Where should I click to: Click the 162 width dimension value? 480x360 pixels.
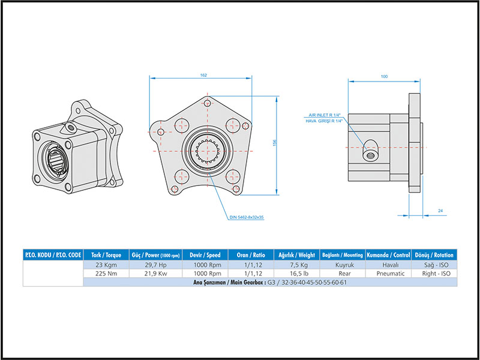point(203,75)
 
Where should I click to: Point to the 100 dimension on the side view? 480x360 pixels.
point(384,76)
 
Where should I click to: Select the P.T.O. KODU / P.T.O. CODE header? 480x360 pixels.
point(53,255)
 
